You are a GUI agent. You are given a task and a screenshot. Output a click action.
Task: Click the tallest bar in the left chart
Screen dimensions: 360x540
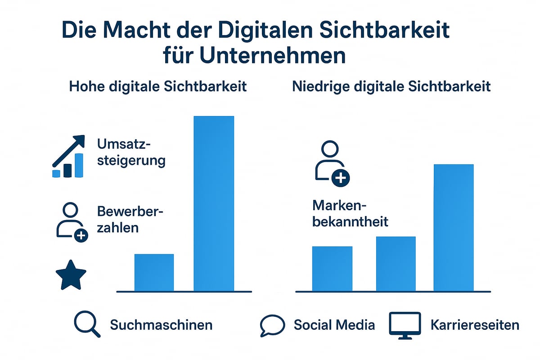point(214,203)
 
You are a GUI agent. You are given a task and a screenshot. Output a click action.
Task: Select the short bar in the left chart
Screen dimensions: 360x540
point(154,272)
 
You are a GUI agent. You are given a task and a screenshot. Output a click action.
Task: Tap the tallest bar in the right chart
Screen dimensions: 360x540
point(454,228)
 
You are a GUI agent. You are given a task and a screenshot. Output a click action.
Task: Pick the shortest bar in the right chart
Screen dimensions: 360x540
point(332,269)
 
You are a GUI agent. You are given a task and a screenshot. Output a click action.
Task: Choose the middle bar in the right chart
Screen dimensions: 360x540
point(396,264)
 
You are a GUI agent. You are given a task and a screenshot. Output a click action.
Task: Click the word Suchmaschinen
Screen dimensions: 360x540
point(161,325)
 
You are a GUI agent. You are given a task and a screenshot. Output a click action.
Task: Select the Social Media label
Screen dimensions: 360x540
point(334,325)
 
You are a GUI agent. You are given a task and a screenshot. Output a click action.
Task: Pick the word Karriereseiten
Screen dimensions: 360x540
point(475,325)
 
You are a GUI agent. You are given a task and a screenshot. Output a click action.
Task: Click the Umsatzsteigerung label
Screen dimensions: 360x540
point(131,153)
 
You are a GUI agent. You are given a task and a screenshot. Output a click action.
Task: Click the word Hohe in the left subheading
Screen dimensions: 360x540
point(86,86)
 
